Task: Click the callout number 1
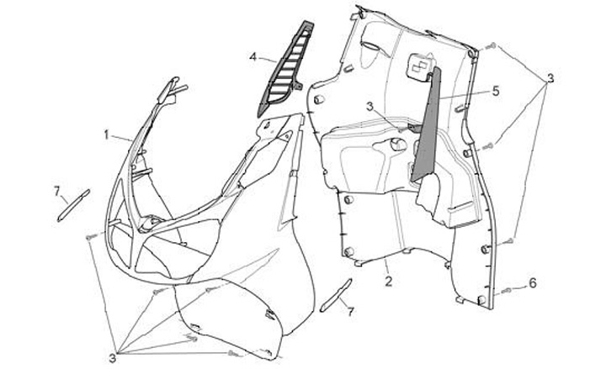[108, 134]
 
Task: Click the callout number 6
[531, 283]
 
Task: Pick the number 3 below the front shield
[112, 357]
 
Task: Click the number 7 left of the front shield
[58, 192]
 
